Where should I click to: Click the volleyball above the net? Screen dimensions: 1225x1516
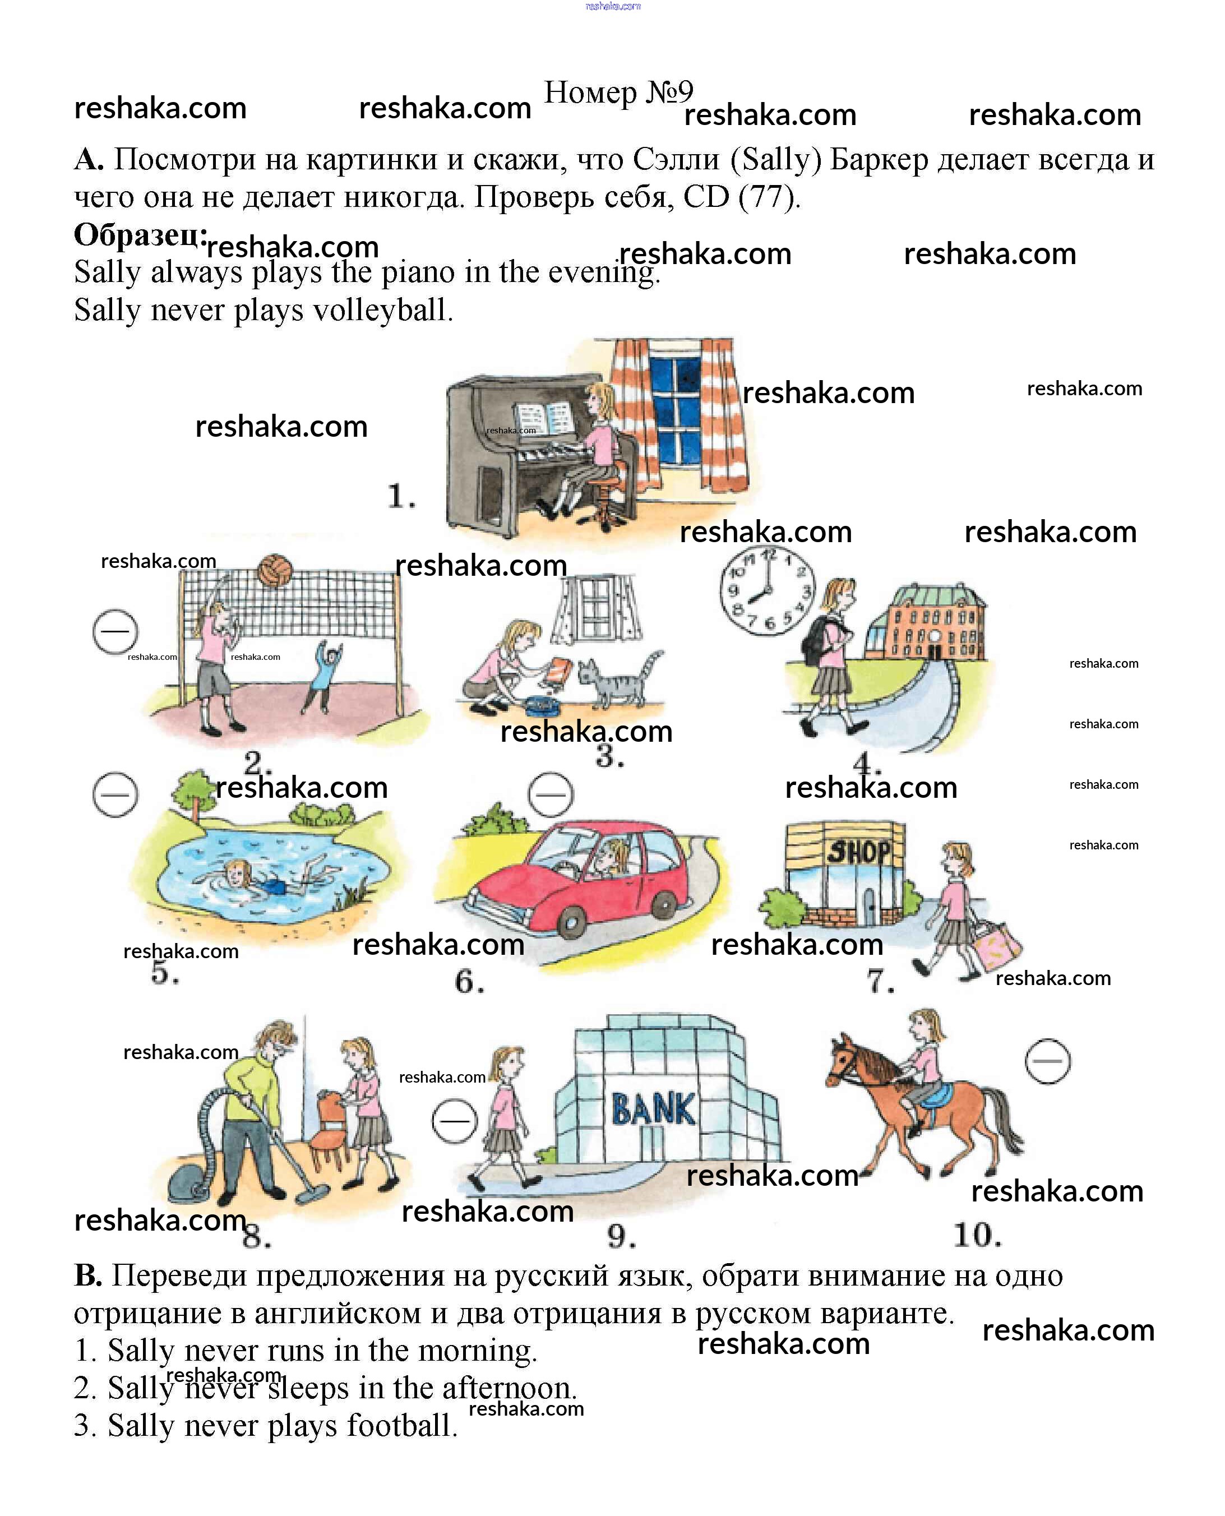(275, 571)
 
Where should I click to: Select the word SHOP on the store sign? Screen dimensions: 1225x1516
(859, 852)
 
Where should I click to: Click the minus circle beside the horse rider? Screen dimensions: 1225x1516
(1047, 1061)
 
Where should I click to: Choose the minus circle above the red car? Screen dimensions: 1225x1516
(551, 794)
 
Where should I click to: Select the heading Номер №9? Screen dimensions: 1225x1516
(618, 93)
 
